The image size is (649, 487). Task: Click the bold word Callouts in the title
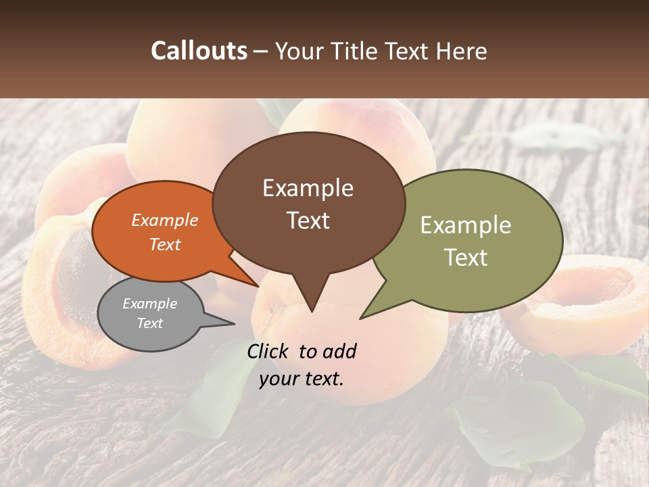pyautogui.click(x=199, y=51)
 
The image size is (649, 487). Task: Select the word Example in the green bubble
pyautogui.click(x=465, y=225)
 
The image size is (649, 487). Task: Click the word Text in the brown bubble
pyautogui.click(x=308, y=221)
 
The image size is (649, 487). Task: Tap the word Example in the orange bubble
pyautogui.click(x=165, y=221)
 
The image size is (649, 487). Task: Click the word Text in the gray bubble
pyautogui.click(x=149, y=323)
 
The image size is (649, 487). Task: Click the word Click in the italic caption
pyautogui.click(x=268, y=351)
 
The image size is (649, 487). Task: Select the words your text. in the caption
pyautogui.click(x=301, y=379)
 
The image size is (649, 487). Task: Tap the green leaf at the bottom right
pyautogui.click(x=521, y=426)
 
